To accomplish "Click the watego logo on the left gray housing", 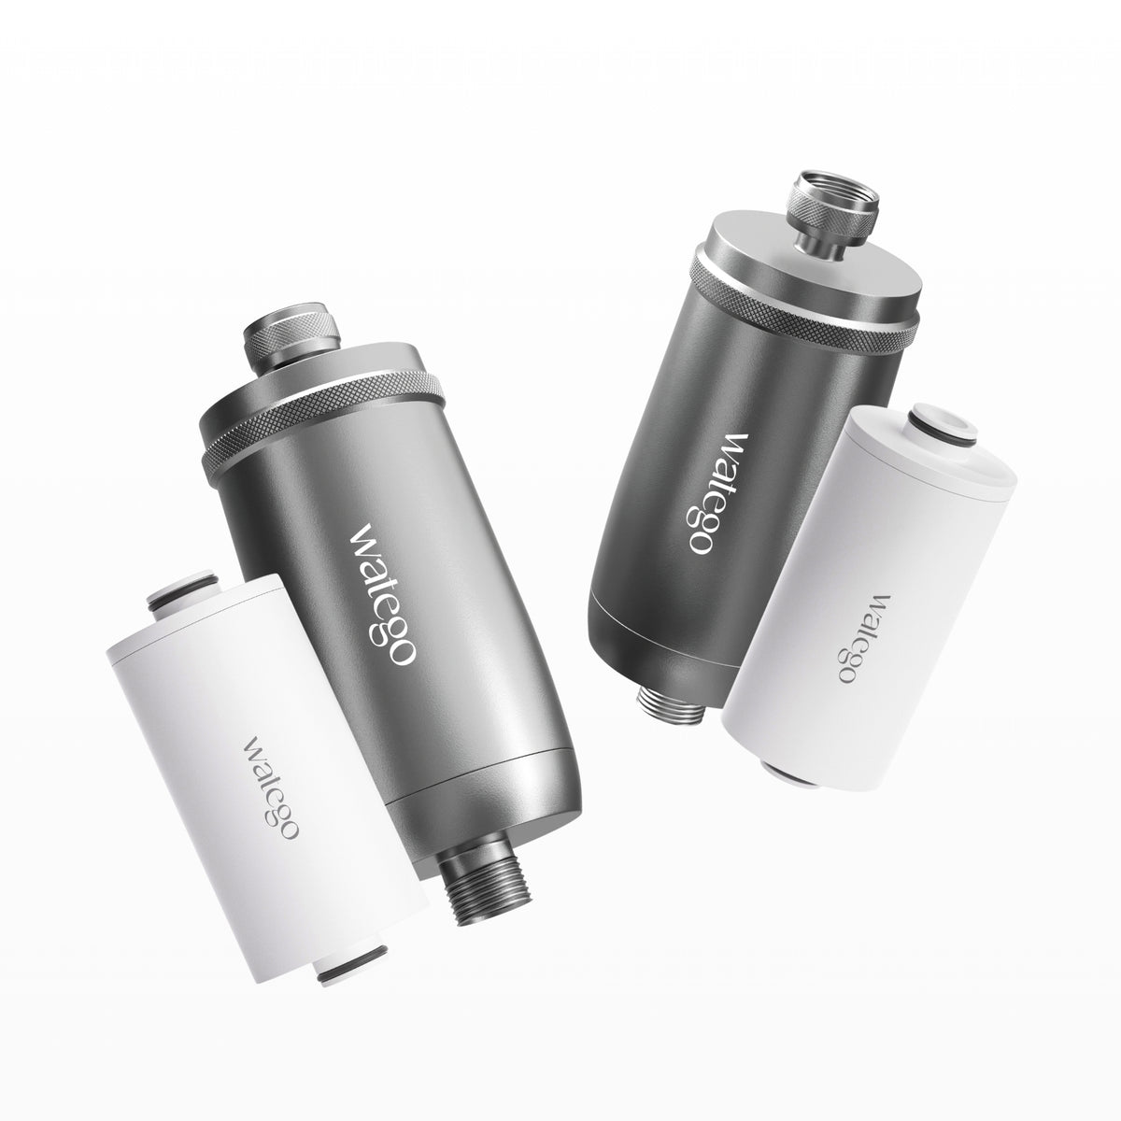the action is [382, 594].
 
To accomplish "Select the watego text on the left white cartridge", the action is [270, 788].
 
